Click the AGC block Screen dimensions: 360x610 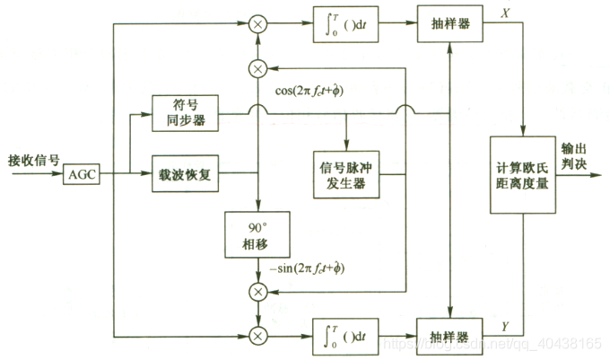tap(82, 175)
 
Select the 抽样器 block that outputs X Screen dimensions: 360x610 tap(449, 22)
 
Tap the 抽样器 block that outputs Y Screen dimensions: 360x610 tap(449, 335)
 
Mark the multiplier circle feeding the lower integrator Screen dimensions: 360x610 tap(258, 335)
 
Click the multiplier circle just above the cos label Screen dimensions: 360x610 tap(258, 66)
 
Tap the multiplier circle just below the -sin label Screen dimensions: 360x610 tap(258, 290)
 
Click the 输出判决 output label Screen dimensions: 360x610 tap(574, 156)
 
